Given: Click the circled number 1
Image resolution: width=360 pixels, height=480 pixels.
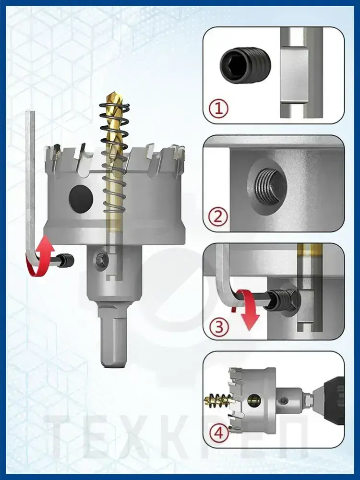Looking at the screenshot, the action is (218, 108).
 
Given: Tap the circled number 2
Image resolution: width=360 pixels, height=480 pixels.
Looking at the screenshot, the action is (218, 217).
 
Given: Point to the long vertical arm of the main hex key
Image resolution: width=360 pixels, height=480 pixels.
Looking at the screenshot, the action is (30, 184).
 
